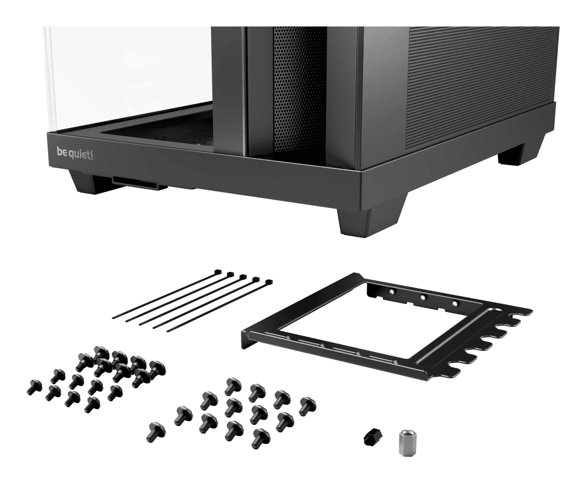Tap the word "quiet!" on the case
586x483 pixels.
pos(82,153)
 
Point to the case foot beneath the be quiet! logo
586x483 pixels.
pos(87,181)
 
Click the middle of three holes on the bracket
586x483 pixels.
pos(422,297)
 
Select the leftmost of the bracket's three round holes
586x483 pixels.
pos(391,291)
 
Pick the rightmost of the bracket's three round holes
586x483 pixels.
pos(454,303)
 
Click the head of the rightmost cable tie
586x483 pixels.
pos(269,283)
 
